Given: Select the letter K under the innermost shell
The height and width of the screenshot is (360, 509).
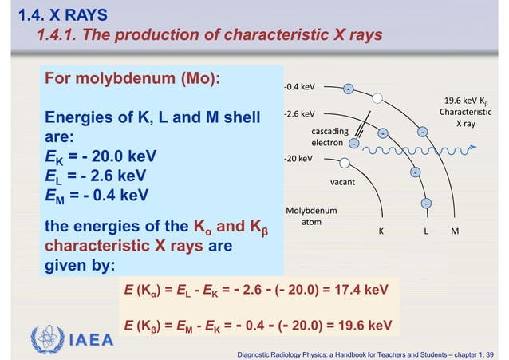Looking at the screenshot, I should tap(381, 231).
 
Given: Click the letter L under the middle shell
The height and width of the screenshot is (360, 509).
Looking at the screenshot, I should tap(427, 231).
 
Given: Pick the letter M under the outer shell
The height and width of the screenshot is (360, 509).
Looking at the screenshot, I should tap(455, 231).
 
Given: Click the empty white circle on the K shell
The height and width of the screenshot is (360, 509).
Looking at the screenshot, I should tap(345, 163).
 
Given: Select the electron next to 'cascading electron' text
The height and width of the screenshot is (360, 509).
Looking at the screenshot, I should tap(353, 144).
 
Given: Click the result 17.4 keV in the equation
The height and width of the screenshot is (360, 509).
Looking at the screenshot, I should tap(360, 288).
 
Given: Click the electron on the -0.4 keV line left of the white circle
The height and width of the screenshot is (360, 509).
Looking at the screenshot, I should tap(349, 89).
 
